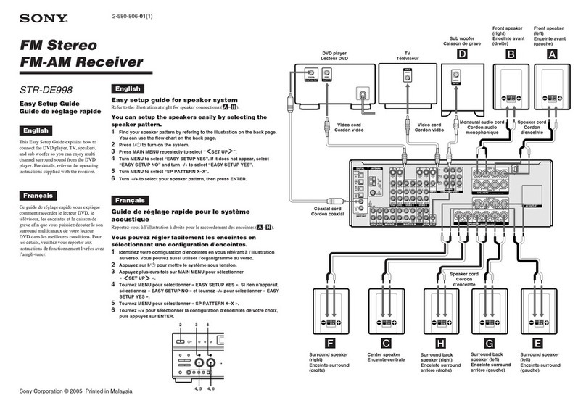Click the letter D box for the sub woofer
pos(461,54)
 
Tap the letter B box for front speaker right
pos(512,54)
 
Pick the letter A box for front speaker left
pos(553,54)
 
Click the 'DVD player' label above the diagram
pos(335,54)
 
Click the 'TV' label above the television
pos(408,54)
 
